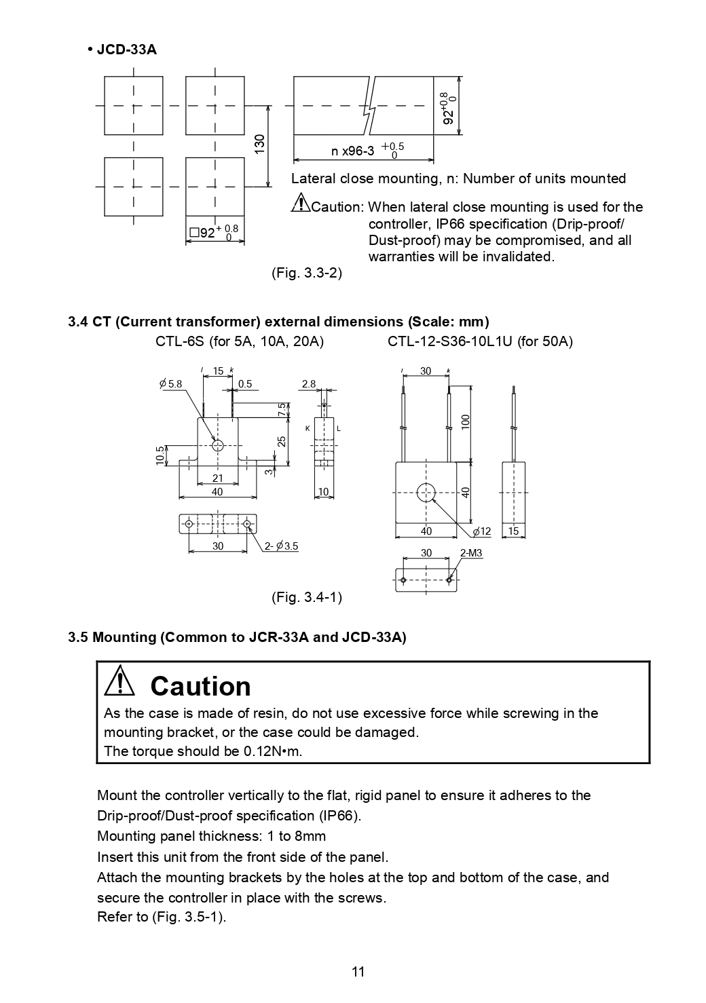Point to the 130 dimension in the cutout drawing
click(259, 144)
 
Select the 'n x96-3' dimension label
click(352, 151)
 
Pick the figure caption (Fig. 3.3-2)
click(307, 273)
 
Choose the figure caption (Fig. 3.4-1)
click(307, 597)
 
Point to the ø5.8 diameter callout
click(170, 384)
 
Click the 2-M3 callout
click(471, 554)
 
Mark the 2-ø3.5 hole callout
click(282, 546)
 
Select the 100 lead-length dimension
click(466, 421)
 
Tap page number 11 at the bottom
click(358, 972)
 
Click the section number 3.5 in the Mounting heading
click(78, 637)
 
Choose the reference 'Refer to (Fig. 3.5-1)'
click(162, 917)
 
